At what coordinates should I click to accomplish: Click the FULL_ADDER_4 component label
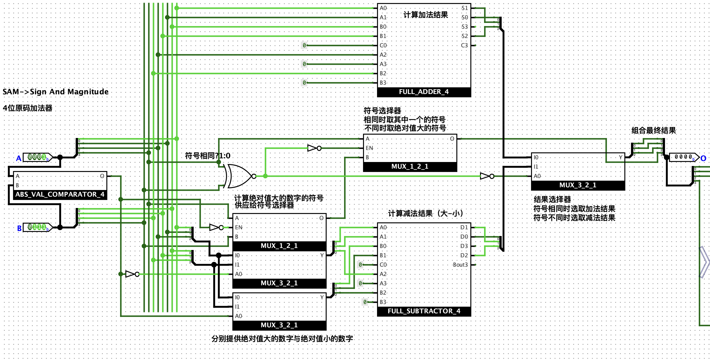[x=424, y=92]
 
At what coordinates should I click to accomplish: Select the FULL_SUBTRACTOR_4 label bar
[x=424, y=311]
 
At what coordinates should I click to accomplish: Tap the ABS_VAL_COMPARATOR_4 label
[x=60, y=195]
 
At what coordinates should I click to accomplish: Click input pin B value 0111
[x=37, y=228]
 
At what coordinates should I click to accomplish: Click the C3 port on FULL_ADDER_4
[x=464, y=45]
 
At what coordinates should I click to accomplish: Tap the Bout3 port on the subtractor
[x=460, y=265]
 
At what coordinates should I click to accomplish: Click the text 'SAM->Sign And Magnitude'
[x=56, y=92]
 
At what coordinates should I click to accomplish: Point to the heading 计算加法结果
[x=426, y=15]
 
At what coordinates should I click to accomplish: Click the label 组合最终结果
[x=654, y=131]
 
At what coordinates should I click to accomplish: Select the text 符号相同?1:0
[x=208, y=156]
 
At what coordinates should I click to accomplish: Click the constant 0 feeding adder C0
[x=304, y=45]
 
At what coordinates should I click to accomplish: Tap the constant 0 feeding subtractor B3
[x=365, y=302]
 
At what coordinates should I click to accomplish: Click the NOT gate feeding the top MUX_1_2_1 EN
[x=314, y=148]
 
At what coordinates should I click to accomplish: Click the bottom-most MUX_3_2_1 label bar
[x=279, y=325]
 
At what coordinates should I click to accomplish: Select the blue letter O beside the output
[x=703, y=158]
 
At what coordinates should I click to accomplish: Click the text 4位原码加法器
[x=28, y=108]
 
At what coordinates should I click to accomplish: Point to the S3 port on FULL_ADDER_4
[x=465, y=27]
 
